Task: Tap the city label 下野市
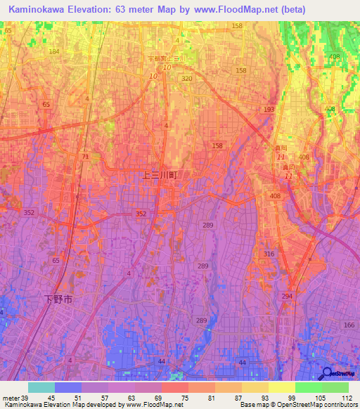click(56, 299)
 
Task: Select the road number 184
click(54, 51)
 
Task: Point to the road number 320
click(186, 79)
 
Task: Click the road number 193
click(269, 110)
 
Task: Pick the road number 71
click(85, 156)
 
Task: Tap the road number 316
click(269, 254)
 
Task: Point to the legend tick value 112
click(345, 398)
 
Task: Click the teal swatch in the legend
click(41, 387)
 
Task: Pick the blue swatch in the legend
click(68, 387)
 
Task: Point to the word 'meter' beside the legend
click(11, 398)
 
